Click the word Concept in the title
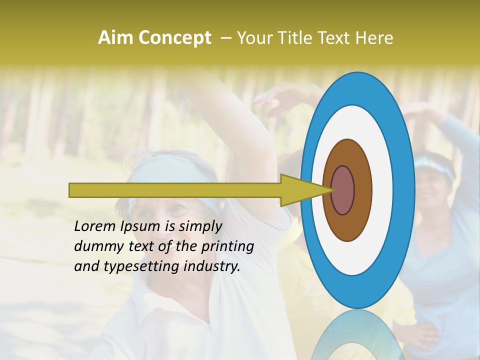coord(174,38)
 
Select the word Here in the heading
coord(374,38)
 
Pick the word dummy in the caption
coord(95,246)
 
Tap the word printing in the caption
coord(227,246)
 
